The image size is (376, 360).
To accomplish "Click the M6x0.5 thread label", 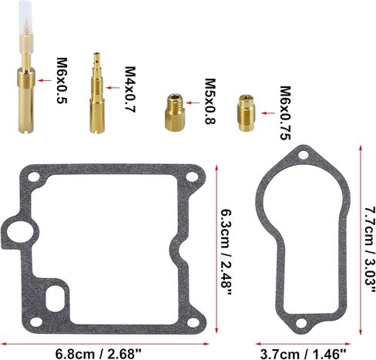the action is [62, 80].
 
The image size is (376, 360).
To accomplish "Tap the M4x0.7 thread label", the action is [130, 89].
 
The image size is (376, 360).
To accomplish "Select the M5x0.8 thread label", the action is [210, 101].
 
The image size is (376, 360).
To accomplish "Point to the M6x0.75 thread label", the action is [285, 113].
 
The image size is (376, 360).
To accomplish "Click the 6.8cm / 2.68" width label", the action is [99, 354].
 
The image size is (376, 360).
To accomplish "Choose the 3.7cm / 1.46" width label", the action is [303, 354].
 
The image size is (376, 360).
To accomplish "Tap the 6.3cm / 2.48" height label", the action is [227, 252].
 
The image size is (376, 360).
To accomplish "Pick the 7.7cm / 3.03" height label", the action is [370, 249].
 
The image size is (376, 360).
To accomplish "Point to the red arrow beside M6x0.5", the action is [45, 80].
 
